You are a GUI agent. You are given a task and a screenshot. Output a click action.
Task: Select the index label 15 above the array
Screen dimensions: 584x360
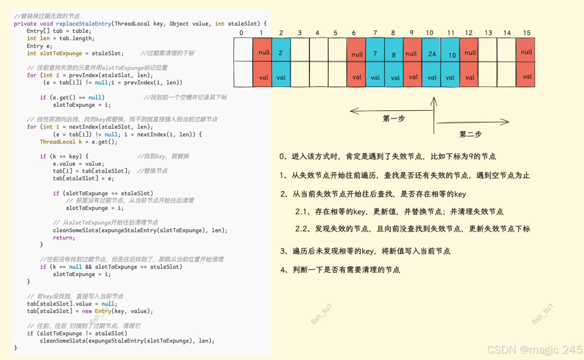(526, 33)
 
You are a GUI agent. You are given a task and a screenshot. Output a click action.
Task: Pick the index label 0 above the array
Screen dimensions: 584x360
(241, 33)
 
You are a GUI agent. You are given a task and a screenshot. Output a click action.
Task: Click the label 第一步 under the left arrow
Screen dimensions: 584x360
(394, 119)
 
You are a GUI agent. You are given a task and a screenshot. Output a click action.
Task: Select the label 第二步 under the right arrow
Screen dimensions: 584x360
(470, 134)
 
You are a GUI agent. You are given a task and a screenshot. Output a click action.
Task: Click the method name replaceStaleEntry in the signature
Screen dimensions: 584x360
(84, 24)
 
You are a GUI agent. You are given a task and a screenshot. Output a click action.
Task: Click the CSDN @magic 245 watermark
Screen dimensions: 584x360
(535, 350)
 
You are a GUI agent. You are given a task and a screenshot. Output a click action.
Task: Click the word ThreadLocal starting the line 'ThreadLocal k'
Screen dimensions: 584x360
(58, 142)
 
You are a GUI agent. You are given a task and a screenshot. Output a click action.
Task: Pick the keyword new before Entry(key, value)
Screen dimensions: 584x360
(87, 311)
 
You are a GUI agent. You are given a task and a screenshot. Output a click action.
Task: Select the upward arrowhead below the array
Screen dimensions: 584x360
(434, 101)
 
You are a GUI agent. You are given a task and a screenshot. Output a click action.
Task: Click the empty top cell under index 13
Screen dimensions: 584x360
(488, 50)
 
